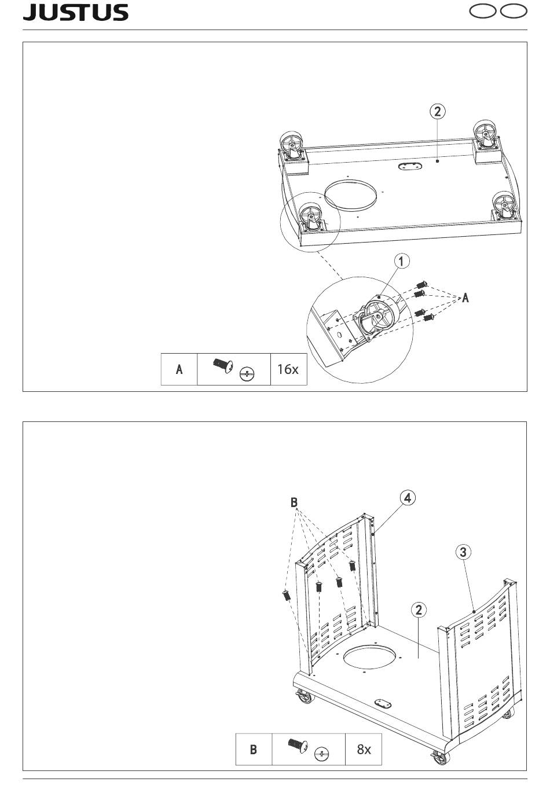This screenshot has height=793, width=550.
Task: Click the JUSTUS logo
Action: (x=76, y=13)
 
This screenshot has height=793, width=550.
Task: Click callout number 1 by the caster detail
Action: (x=401, y=261)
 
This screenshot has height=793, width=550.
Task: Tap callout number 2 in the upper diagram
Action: (x=437, y=111)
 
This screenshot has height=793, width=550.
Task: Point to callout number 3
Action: (x=463, y=552)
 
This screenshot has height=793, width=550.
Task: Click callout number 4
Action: (x=408, y=498)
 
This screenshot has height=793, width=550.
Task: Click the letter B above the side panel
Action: (x=294, y=502)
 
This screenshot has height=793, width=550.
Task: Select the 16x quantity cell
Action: (x=288, y=368)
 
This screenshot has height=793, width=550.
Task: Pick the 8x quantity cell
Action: (x=364, y=749)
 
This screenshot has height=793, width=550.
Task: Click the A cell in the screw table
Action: (x=179, y=369)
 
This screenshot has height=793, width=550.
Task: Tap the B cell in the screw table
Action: (x=254, y=750)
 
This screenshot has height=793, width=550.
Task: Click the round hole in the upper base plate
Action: (x=350, y=193)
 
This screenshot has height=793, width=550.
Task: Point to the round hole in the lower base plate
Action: (x=371, y=656)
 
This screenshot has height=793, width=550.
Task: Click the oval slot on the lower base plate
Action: (x=381, y=703)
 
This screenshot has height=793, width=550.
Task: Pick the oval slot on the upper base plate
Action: (x=410, y=166)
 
